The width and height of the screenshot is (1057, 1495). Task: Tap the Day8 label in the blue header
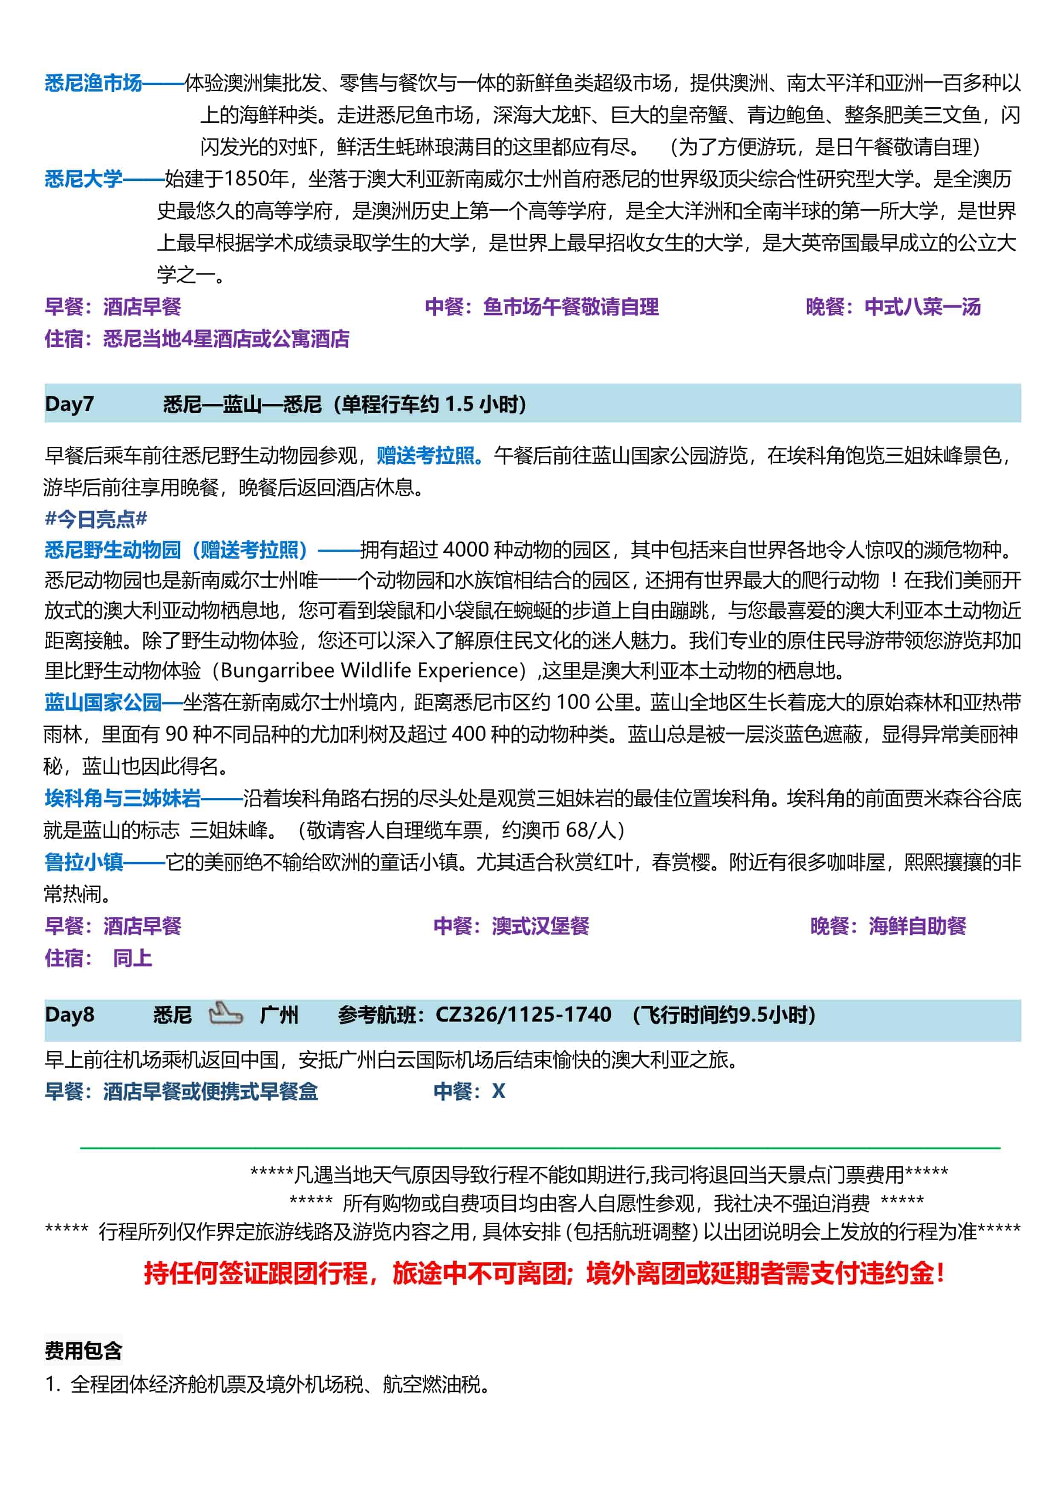pyautogui.click(x=69, y=1015)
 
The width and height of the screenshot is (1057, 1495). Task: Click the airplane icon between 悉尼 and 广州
pyautogui.click(x=225, y=1014)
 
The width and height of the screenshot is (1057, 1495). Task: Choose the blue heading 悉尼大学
pyautogui.click(x=83, y=179)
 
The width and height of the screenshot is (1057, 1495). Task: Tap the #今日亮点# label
pyautogui.click(x=95, y=519)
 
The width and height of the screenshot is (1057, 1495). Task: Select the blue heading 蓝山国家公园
pyautogui.click(x=103, y=702)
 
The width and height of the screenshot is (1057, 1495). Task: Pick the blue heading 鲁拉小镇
pyautogui.click(x=83, y=862)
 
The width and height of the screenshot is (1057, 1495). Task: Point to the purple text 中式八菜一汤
pyautogui.click(x=922, y=306)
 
